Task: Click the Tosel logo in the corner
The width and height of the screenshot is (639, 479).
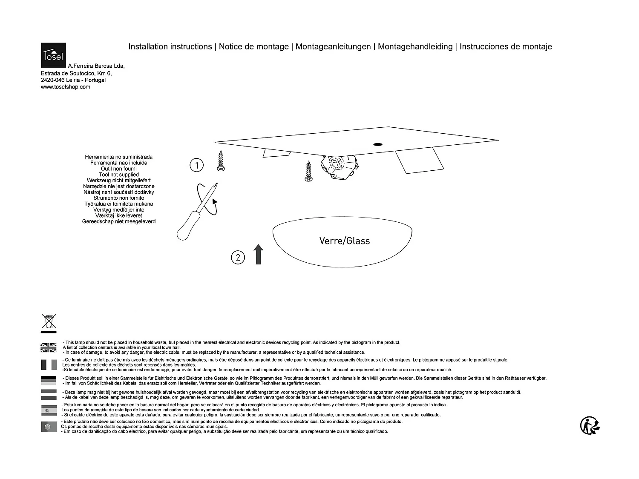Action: pos(53,55)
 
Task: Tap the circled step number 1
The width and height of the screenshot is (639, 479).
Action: pos(196,165)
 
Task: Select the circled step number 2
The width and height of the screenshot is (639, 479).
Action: pos(238,257)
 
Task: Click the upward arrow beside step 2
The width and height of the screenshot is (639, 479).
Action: pos(259,255)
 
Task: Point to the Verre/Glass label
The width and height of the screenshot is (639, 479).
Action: pos(345,241)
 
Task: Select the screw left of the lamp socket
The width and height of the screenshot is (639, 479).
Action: pos(308,171)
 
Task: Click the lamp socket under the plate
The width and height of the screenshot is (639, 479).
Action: pos(339,167)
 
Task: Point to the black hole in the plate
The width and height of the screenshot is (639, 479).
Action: pos(377,144)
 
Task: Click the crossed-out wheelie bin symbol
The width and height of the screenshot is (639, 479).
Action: pos(49,321)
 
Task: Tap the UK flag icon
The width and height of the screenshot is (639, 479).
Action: pos(49,347)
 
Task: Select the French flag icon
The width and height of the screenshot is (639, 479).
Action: pos(49,364)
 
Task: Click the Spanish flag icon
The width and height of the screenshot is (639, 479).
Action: pos(49,410)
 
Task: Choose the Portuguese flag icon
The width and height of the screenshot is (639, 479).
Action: pos(49,427)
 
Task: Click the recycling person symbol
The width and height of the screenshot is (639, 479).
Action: pos(590,425)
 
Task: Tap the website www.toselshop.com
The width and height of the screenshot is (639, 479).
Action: pos(66,87)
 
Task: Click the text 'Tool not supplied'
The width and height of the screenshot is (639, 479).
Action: pos(119,175)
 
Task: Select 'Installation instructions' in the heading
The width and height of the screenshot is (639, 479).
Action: pos(170,46)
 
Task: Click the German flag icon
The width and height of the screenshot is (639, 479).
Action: pos(49,380)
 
